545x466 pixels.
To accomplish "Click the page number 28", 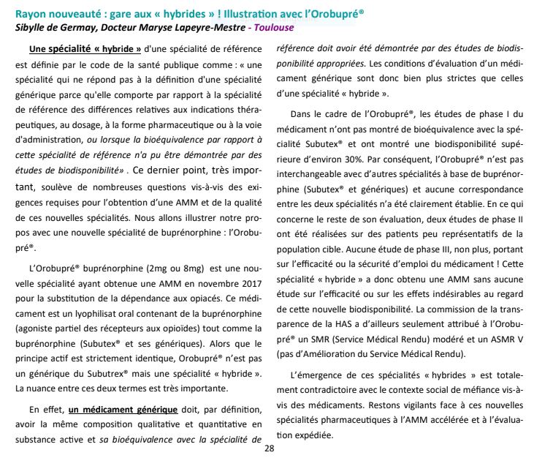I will (270, 448).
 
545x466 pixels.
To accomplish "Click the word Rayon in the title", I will (31, 12).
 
